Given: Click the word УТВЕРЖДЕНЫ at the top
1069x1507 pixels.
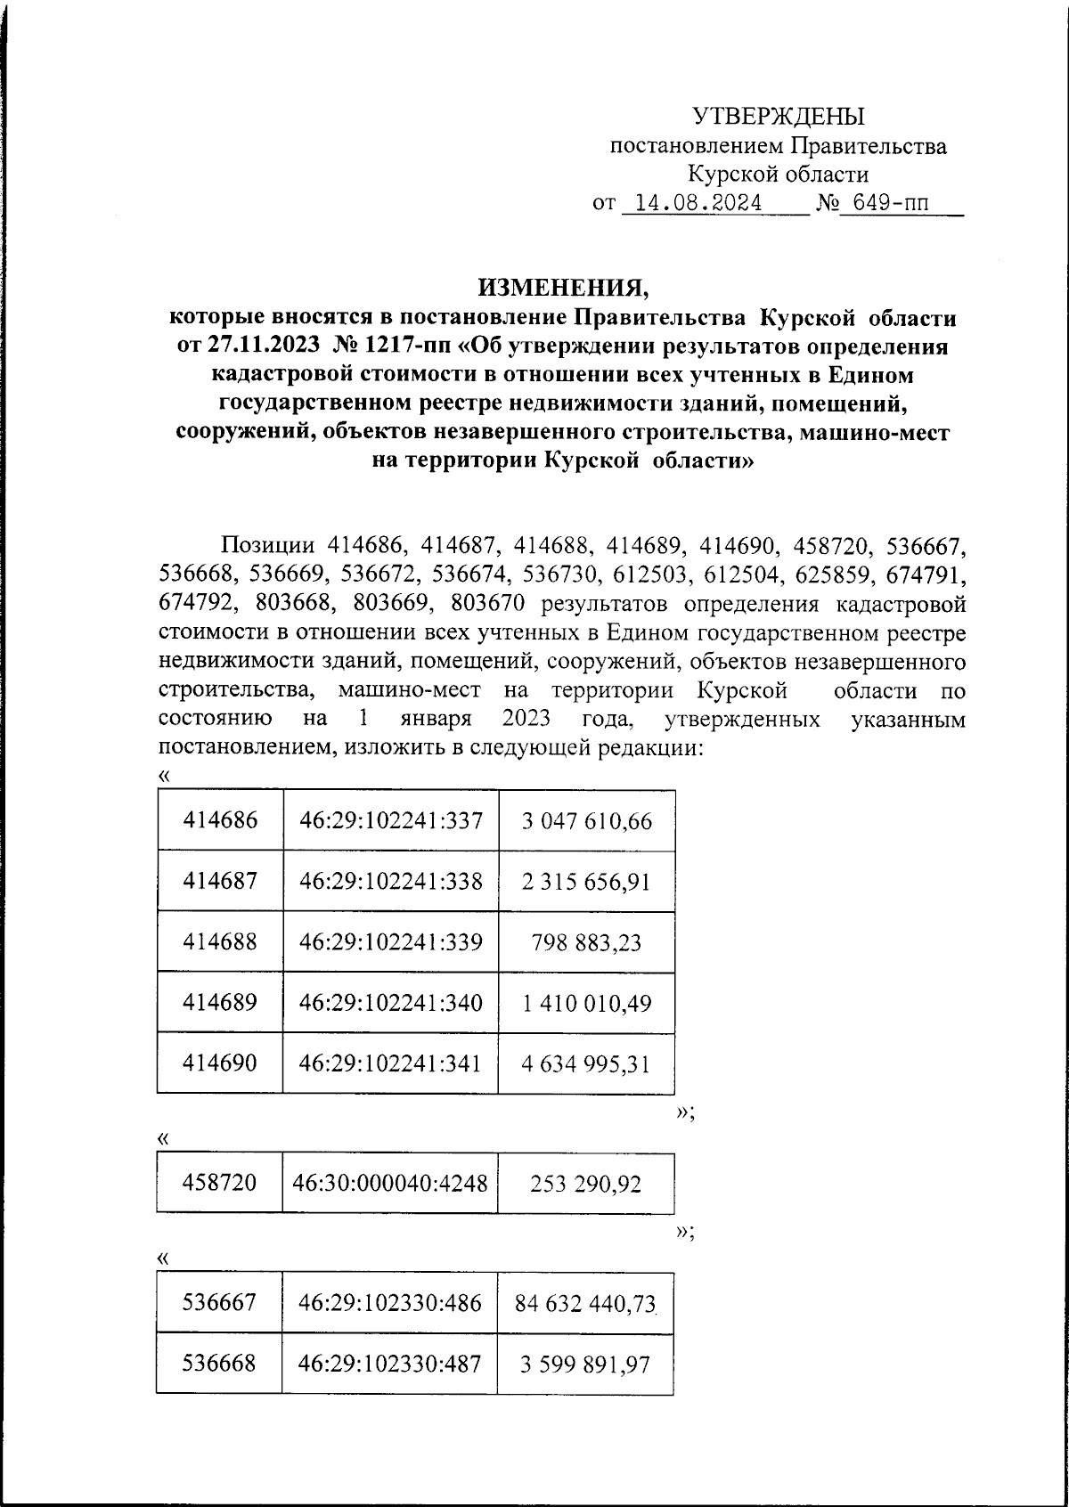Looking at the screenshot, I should click(779, 116).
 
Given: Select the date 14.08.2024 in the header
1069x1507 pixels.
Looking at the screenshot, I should click(692, 204).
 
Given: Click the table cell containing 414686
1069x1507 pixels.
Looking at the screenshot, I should click(220, 819).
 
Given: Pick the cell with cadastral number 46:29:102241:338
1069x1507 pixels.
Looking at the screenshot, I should click(390, 881).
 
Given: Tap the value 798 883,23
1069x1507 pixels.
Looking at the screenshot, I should click(585, 942).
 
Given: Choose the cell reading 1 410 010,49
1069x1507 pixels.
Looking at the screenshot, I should click(585, 1003).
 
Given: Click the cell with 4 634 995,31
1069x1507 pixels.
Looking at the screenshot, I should click(585, 1063).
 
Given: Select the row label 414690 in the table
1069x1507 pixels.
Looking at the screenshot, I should click(220, 1063).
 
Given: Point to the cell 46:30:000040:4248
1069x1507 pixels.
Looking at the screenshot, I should click(390, 1183).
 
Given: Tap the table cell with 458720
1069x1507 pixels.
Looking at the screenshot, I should click(220, 1183).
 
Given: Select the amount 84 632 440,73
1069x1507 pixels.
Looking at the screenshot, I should click(585, 1303).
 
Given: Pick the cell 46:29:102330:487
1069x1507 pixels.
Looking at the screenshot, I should click(390, 1364).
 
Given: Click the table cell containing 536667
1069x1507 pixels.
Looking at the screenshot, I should click(220, 1303).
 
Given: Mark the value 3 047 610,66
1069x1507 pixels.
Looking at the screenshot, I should click(585, 820).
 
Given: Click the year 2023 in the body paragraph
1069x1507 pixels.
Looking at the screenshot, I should click(525, 718).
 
